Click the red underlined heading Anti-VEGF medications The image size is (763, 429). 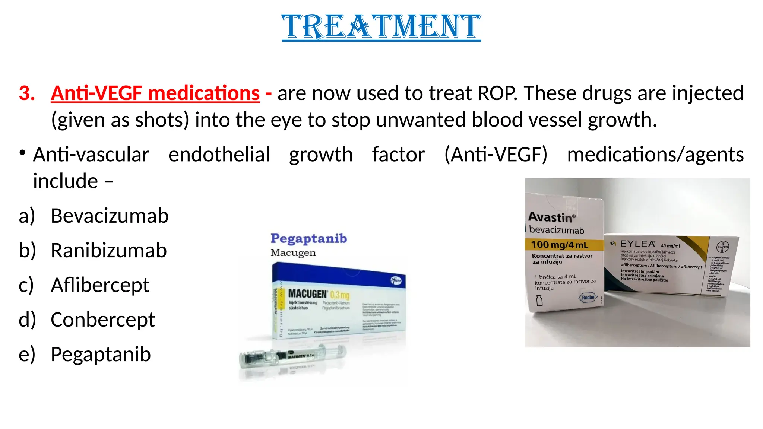(x=155, y=93)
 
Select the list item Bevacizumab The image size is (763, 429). (x=110, y=216)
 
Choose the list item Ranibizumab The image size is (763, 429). (x=108, y=250)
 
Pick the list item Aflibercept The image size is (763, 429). (x=100, y=285)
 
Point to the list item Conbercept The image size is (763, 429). (x=102, y=320)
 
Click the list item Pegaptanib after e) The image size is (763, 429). (x=101, y=354)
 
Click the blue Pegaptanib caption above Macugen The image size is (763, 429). (x=308, y=238)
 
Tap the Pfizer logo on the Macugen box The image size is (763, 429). (x=396, y=280)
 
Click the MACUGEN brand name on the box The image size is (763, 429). (x=307, y=294)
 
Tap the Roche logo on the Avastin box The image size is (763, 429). (x=588, y=297)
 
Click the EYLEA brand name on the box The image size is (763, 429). (x=637, y=244)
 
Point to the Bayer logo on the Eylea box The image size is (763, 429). (x=722, y=247)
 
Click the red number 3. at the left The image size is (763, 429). (x=27, y=93)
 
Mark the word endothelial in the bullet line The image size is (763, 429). (x=219, y=155)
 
